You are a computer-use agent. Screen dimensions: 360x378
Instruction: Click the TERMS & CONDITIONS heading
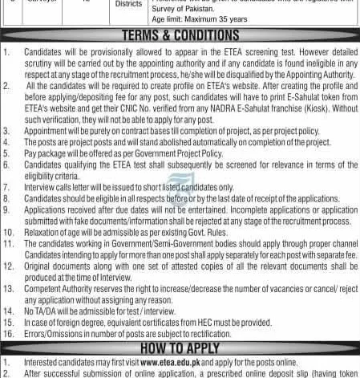coord(180,35)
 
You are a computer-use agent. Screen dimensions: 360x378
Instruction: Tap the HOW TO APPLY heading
coord(180,349)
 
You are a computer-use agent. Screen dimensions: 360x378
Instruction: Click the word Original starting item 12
coord(41,262)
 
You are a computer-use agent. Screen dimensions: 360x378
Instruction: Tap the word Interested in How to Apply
coord(45,362)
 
